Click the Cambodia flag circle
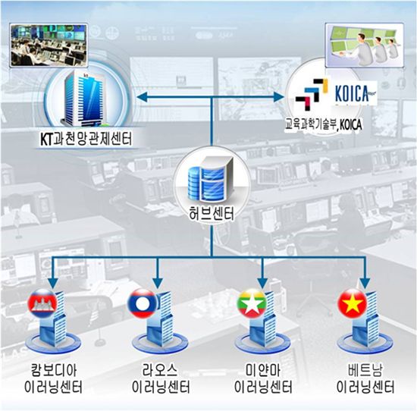pos(42,303)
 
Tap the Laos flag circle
pos(143,303)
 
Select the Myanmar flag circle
pos(252,303)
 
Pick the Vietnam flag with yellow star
pos(353,303)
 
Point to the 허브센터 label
pos(212,214)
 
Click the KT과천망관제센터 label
pos(86,139)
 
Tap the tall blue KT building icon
pos(83,99)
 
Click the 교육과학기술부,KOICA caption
pos(324,124)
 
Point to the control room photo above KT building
pos(49,45)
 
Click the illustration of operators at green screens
pos(365,45)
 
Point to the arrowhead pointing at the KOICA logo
pos(279,97)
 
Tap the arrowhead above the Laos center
pos(158,284)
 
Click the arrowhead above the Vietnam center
pos(365,284)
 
